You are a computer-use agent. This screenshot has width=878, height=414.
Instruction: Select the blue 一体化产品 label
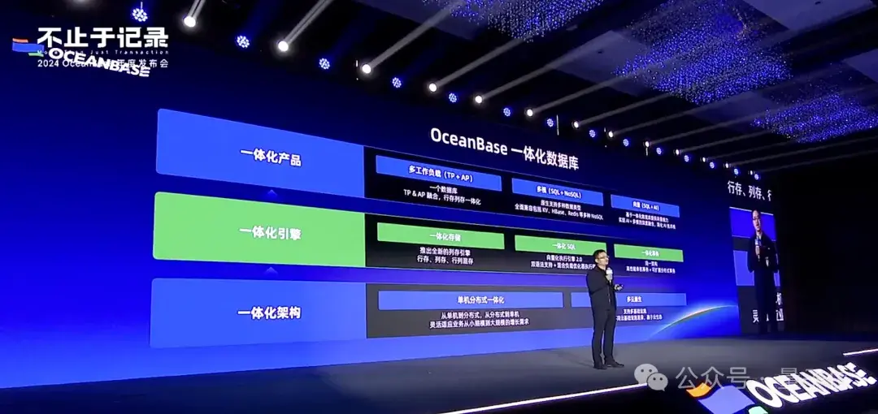[x=271, y=159]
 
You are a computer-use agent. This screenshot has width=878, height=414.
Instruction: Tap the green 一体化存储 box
[x=440, y=236]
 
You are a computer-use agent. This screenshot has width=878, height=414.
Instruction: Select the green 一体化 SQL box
[x=559, y=244]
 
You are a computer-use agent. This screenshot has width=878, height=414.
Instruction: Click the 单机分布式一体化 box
[x=470, y=300]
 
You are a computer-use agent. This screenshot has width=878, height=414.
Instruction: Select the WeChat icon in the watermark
[x=649, y=375]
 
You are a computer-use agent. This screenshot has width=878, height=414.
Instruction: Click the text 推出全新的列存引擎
[x=439, y=252]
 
